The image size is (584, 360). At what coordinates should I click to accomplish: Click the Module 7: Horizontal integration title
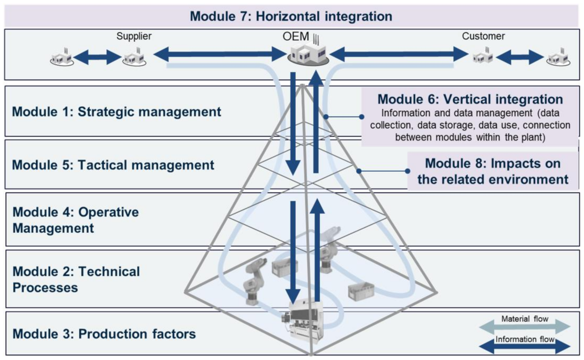[291, 16]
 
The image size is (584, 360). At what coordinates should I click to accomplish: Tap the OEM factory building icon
[308, 54]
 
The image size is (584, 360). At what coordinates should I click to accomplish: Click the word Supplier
[134, 37]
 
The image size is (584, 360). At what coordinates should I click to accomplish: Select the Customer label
[483, 37]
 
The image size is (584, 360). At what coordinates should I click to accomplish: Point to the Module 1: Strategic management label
[116, 112]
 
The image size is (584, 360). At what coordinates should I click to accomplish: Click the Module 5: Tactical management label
[113, 165]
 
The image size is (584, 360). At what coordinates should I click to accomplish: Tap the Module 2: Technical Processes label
[76, 280]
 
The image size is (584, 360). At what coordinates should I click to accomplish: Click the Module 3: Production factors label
[104, 334]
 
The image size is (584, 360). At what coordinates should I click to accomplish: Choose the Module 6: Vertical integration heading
[470, 99]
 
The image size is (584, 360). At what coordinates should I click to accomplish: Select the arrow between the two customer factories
[520, 57]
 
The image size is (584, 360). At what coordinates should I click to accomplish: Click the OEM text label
[299, 37]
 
